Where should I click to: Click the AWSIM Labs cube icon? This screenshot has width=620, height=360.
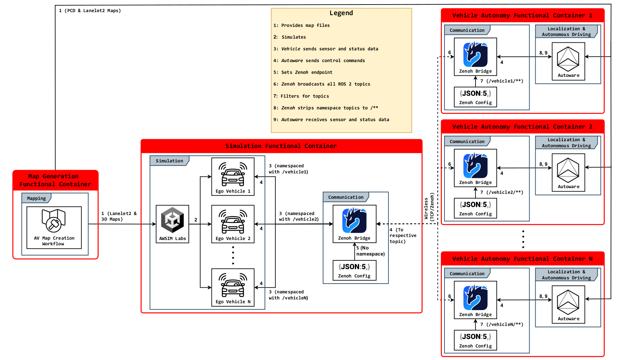[x=172, y=220]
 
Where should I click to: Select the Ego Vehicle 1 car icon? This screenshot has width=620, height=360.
[x=233, y=175]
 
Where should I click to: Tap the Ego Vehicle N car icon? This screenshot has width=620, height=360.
[x=233, y=286]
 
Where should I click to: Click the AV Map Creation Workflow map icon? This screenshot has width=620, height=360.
[x=54, y=220]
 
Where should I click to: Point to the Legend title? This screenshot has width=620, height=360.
[x=341, y=13]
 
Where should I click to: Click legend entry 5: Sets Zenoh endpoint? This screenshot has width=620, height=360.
[x=306, y=72]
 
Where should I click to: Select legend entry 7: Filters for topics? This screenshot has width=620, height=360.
[x=301, y=96]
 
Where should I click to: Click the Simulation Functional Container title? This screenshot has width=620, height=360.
[x=281, y=146]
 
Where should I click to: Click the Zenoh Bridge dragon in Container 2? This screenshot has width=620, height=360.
[x=475, y=166]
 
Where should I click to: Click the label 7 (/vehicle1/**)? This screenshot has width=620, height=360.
[x=502, y=81]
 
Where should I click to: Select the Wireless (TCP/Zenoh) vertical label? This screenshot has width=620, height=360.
[x=429, y=207]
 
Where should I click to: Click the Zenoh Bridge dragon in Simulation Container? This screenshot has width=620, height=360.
[x=354, y=221]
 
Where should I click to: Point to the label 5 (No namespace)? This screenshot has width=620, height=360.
[x=370, y=251]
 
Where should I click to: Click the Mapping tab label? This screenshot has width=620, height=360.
[x=36, y=198]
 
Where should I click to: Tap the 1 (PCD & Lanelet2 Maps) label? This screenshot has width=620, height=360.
[x=90, y=11]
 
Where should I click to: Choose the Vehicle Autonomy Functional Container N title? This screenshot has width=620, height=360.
[x=522, y=259]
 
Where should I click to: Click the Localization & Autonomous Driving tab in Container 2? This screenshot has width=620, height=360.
[x=566, y=143]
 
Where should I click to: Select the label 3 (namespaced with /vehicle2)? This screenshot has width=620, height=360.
[x=298, y=217]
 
